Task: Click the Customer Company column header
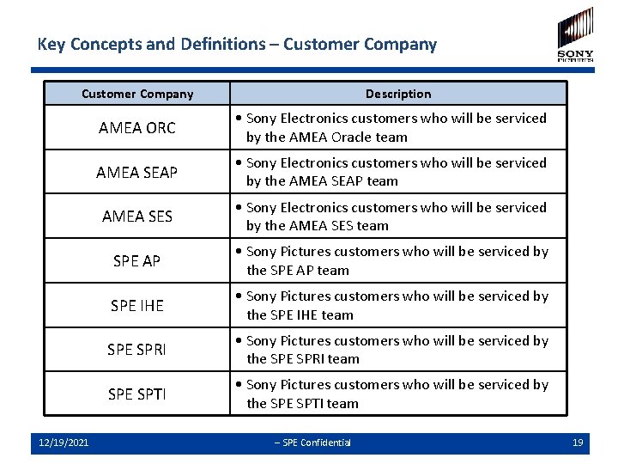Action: click(137, 94)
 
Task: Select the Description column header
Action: click(398, 94)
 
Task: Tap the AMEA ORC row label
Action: click(137, 128)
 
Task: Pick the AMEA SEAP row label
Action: click(137, 173)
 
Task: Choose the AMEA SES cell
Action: click(137, 217)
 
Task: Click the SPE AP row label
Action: click(137, 261)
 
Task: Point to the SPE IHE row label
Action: click(137, 306)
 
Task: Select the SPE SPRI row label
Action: click(137, 350)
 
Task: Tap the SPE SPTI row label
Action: click(137, 394)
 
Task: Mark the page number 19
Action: click(578, 443)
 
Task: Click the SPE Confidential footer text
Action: click(312, 443)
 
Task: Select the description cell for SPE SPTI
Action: click(398, 394)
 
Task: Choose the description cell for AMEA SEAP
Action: click(398, 172)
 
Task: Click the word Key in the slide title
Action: click(51, 45)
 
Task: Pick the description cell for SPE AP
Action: click(398, 261)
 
